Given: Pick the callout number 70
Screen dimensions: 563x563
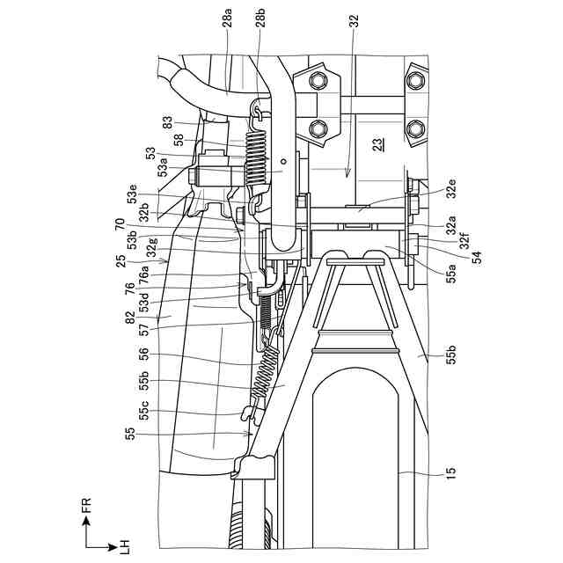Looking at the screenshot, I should [x=120, y=225].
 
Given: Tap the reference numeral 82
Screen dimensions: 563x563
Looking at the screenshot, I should [x=129, y=317].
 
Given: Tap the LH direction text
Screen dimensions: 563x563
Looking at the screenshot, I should [x=123, y=546].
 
